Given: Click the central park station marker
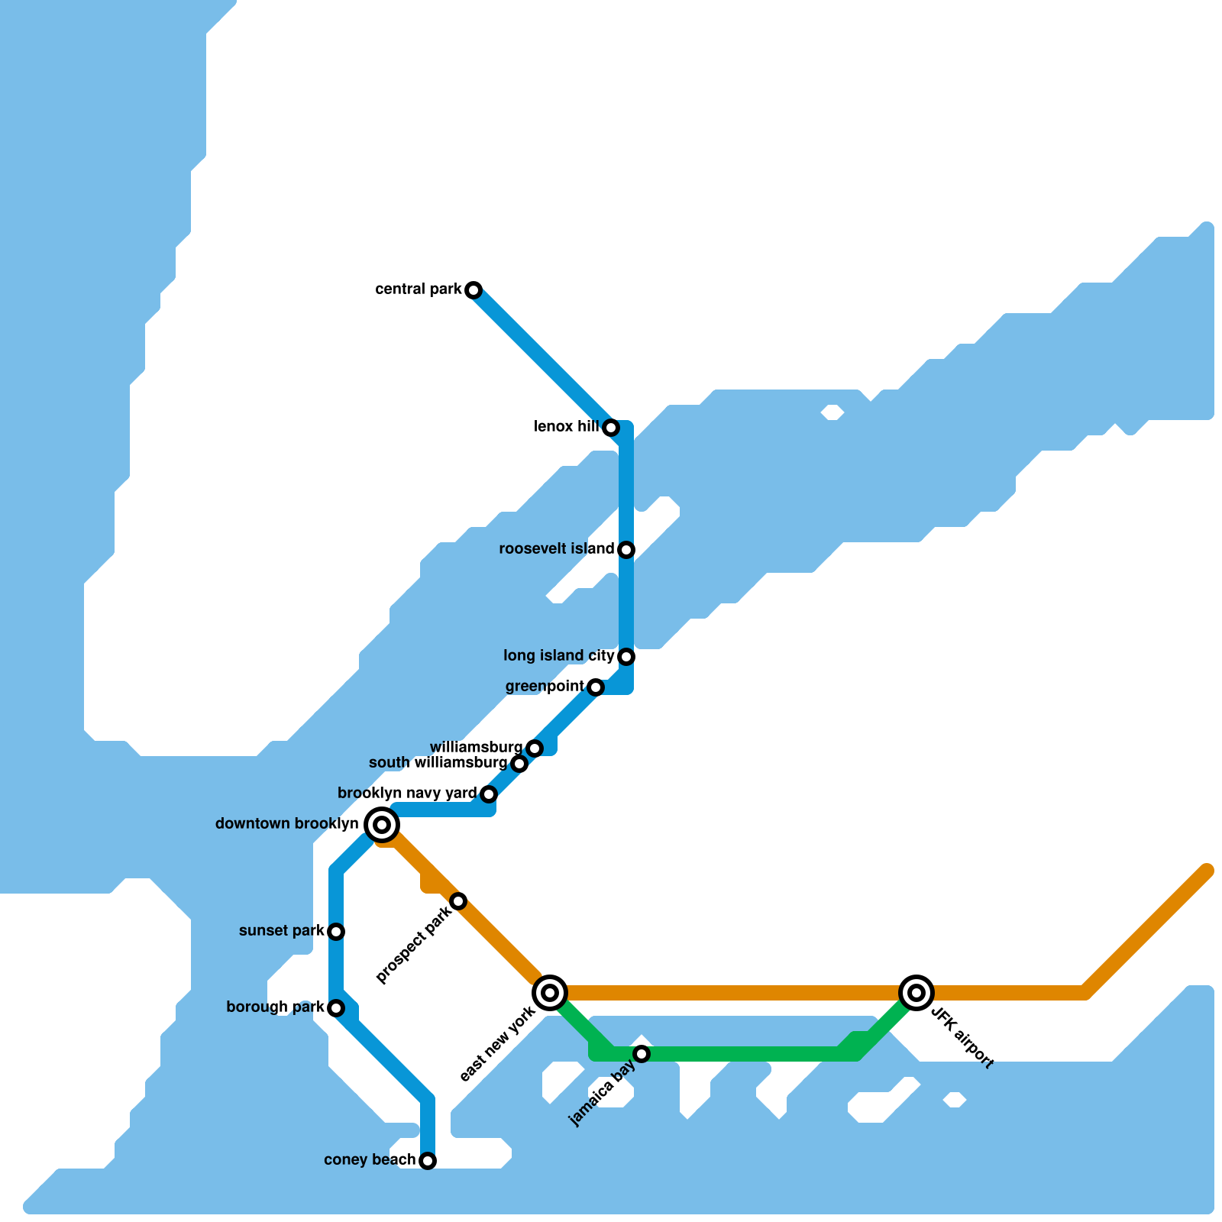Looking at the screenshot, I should tap(474, 290).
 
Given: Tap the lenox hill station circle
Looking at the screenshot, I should tap(611, 428).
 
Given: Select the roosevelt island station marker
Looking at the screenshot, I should tap(626, 550).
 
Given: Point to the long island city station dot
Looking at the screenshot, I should tap(626, 657).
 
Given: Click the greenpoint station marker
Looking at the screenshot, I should tap(596, 687).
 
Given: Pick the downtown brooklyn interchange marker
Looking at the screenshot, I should tap(382, 825).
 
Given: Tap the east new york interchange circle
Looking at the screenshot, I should tap(550, 993).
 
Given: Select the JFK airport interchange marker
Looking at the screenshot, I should tap(916, 993).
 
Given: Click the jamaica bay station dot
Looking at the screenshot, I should tap(642, 1054).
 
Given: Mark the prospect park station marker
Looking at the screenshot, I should tap(458, 901).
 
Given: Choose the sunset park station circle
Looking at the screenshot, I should tap(336, 932).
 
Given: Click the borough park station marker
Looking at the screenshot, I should tap(336, 1008).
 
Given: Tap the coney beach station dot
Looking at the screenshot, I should tap(428, 1161).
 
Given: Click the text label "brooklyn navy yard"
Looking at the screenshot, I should tap(407, 794).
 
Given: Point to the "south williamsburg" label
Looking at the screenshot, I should tap(438, 763).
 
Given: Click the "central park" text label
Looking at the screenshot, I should tap(419, 289).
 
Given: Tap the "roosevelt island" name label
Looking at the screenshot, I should tap(556, 549).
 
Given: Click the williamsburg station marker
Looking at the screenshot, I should tap(535, 748).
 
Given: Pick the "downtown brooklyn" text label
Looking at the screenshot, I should tap(287, 824).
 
